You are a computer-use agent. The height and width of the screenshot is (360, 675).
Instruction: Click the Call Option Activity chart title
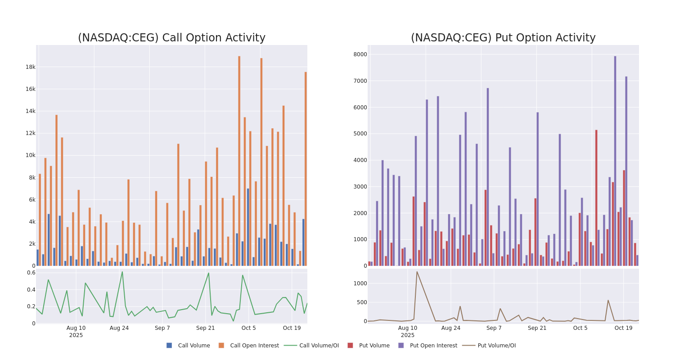(171, 38)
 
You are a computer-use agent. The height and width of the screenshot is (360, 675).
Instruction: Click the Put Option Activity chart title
(503, 38)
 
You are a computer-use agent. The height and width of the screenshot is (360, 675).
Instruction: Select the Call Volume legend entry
(193, 346)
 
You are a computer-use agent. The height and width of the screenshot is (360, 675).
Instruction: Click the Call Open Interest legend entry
(254, 346)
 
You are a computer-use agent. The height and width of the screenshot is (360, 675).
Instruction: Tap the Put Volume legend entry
(374, 346)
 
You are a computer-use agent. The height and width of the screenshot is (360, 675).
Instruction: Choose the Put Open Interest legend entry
(433, 346)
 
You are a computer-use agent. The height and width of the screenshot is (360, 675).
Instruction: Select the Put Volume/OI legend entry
(496, 346)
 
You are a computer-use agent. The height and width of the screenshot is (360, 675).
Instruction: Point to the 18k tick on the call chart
(30, 67)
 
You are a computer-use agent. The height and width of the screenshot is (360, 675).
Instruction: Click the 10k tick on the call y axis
(30, 155)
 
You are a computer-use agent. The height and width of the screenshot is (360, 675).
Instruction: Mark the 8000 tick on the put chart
(360, 54)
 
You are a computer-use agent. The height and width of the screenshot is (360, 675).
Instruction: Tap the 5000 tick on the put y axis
(360, 134)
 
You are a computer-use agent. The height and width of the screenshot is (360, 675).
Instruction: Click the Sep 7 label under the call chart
(162, 328)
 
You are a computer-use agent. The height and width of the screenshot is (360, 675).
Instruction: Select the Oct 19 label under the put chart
(623, 328)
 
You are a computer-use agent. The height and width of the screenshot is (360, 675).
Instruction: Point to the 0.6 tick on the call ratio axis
(31, 273)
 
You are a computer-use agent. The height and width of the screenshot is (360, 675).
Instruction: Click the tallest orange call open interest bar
(239, 161)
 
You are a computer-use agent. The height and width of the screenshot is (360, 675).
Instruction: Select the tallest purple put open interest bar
(615, 161)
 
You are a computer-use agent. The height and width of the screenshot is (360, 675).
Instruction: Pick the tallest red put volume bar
(596, 198)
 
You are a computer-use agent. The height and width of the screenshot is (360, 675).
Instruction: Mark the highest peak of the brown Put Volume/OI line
(417, 272)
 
